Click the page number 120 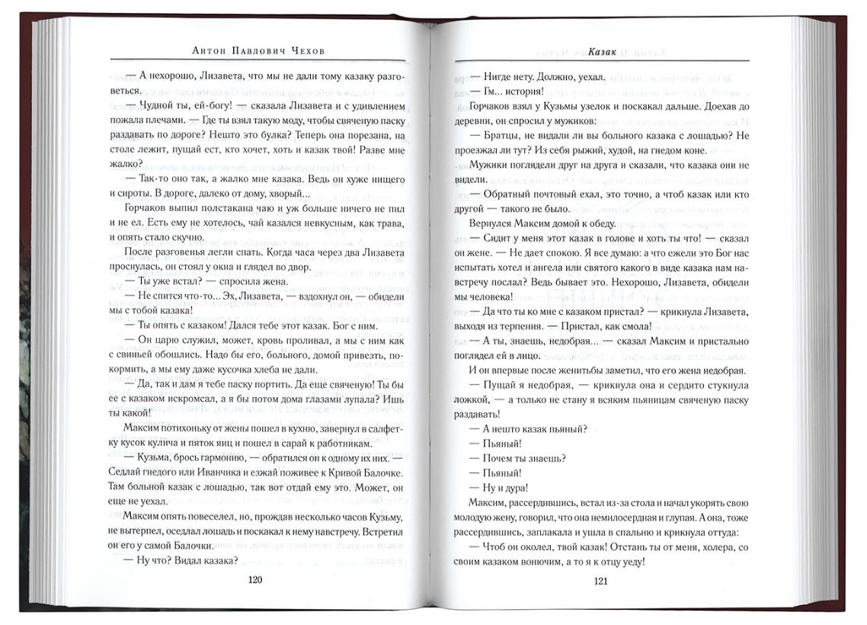(x=255, y=580)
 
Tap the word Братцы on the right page (x=499, y=134)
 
